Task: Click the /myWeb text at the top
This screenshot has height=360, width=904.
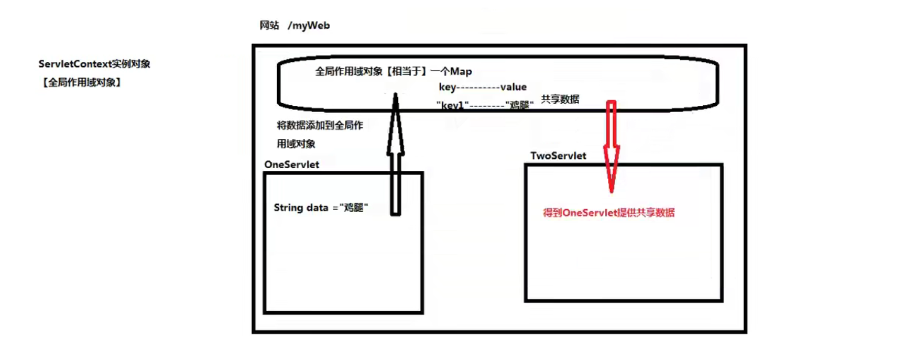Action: [309, 25]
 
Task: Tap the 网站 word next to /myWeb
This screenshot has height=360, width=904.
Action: [269, 25]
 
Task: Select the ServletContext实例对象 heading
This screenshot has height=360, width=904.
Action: [94, 64]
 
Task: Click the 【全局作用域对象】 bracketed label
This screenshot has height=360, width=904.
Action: [81, 82]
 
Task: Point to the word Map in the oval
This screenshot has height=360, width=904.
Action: [461, 71]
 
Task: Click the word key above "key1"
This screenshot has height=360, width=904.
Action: [447, 87]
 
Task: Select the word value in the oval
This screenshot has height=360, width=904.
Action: [513, 87]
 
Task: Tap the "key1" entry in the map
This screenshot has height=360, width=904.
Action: [452, 105]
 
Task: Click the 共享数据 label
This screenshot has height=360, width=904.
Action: [560, 99]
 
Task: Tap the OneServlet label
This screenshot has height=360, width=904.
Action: [291, 165]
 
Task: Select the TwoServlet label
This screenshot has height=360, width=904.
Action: [558, 156]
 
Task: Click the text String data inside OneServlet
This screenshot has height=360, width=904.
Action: [301, 208]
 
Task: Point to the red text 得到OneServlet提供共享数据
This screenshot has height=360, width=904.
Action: [608, 212]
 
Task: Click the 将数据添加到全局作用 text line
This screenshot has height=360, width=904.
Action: [320, 125]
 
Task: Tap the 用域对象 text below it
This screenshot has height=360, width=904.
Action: [296, 144]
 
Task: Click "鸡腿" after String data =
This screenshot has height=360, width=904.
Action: [354, 208]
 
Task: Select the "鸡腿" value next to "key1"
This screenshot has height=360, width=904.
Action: [519, 105]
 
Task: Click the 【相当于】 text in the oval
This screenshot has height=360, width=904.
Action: [406, 71]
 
